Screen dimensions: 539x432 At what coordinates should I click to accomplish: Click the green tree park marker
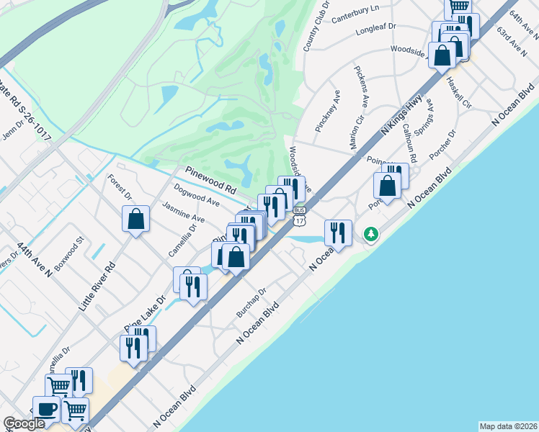pyautogui.click(x=371, y=235)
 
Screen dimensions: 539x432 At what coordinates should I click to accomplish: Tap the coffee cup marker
pyautogui.click(x=48, y=409)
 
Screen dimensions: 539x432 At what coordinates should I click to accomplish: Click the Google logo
pyautogui.click(x=24, y=424)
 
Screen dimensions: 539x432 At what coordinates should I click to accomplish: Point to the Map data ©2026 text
pyautogui.click(x=508, y=426)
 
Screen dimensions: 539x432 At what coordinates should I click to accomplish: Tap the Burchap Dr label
pyautogui.click(x=252, y=303)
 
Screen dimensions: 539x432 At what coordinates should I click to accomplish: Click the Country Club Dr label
pyautogui.click(x=316, y=26)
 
